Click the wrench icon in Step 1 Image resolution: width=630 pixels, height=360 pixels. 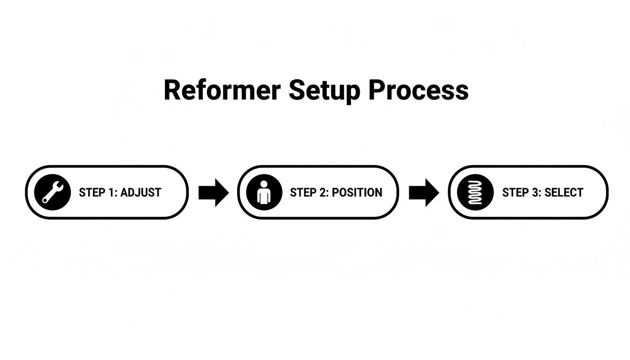point(52,192)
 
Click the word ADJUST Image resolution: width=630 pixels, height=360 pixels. point(141,193)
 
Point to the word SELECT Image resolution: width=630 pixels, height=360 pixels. point(564,193)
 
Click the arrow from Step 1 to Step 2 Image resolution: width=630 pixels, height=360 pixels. point(213,192)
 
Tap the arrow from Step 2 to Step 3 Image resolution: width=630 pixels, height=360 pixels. point(424,192)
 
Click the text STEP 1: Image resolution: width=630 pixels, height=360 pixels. point(98,193)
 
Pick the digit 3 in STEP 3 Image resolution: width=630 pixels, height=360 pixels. point(534,193)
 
